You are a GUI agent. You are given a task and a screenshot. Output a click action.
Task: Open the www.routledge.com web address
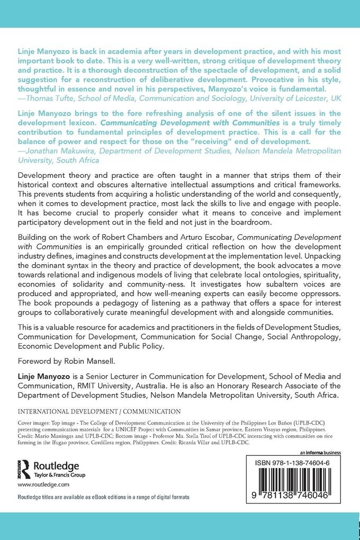point(44,484)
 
